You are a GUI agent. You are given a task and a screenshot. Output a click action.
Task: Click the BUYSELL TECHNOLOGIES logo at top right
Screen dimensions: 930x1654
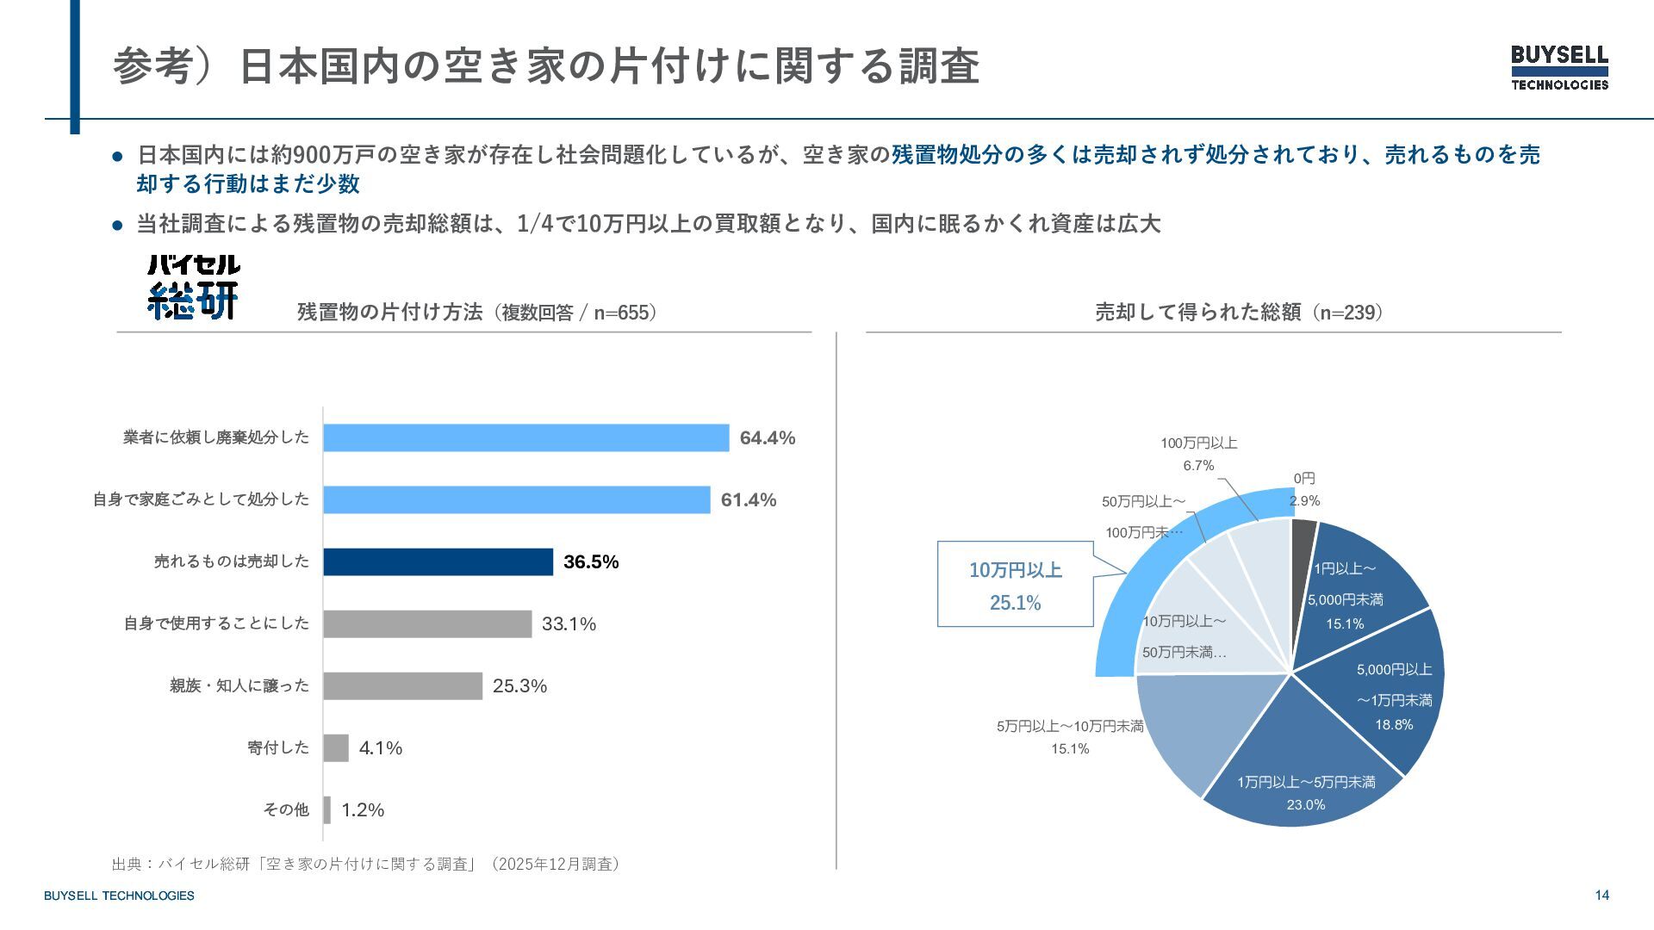pyautogui.click(x=1559, y=67)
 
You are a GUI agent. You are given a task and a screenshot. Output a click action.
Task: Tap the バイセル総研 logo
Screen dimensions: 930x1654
pyautogui.click(x=193, y=287)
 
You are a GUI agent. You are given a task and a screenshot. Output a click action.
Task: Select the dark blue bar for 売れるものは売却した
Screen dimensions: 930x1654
pyautogui.click(x=438, y=561)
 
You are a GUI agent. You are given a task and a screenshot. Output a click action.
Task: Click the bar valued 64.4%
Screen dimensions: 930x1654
pyautogui.click(x=525, y=437)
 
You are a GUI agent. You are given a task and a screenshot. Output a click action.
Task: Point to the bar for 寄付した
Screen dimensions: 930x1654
pyautogui.click(x=336, y=747)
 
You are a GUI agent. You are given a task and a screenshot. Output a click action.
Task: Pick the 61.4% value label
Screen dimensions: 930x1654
pyautogui.click(x=748, y=499)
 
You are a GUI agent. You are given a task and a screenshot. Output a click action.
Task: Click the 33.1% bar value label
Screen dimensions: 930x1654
pyautogui.click(x=569, y=623)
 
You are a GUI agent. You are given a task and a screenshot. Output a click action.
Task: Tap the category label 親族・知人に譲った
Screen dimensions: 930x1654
pyautogui.click(x=239, y=685)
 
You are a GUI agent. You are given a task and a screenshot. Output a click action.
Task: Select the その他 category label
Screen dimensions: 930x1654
pyautogui.click(x=285, y=809)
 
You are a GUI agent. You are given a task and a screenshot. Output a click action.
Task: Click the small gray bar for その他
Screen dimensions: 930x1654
pyautogui.click(x=327, y=809)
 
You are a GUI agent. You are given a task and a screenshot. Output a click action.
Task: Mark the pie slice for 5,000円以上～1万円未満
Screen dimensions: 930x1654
pyautogui.click(x=1387, y=689)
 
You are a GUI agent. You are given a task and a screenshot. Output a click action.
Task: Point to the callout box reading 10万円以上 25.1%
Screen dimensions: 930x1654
pyautogui.click(x=1015, y=585)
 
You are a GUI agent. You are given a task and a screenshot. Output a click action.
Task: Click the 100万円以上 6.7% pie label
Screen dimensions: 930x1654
pyautogui.click(x=1198, y=454)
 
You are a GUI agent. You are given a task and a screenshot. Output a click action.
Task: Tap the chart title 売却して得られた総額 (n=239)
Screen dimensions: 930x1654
pyautogui.click(x=1238, y=312)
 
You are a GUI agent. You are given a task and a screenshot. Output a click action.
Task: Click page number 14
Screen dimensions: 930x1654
pyautogui.click(x=1601, y=895)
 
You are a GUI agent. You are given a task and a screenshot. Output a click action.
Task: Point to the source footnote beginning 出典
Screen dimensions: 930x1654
pyautogui.click(x=365, y=864)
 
